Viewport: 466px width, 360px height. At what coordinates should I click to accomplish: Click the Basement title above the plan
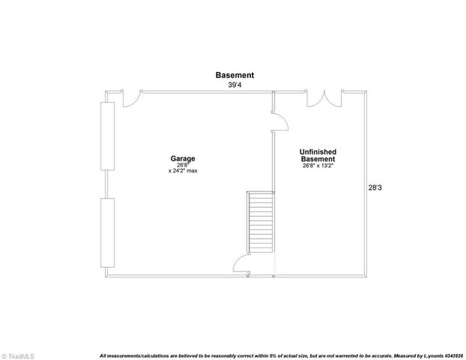234,75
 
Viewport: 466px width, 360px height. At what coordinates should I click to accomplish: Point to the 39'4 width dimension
234,85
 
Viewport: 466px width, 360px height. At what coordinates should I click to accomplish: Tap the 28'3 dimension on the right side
375,188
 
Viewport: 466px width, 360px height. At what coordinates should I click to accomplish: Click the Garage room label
183,158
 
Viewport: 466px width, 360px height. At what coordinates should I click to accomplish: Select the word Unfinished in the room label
318,152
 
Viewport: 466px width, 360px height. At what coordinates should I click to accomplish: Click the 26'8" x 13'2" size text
318,166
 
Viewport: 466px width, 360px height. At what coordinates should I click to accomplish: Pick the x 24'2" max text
183,171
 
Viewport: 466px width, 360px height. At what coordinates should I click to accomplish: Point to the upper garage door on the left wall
107,136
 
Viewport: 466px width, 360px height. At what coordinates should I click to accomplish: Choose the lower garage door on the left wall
107,232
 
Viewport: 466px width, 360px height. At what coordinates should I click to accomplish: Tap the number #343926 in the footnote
452,355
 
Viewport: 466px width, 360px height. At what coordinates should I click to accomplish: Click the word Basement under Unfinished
318,159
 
